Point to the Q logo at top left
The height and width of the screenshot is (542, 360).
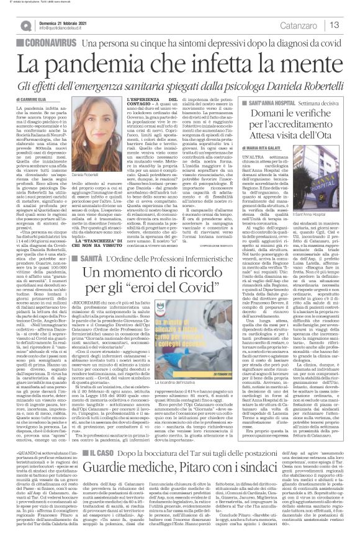[x=23, y=25]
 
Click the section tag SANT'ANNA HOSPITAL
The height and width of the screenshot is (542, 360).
[x=271, y=100]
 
